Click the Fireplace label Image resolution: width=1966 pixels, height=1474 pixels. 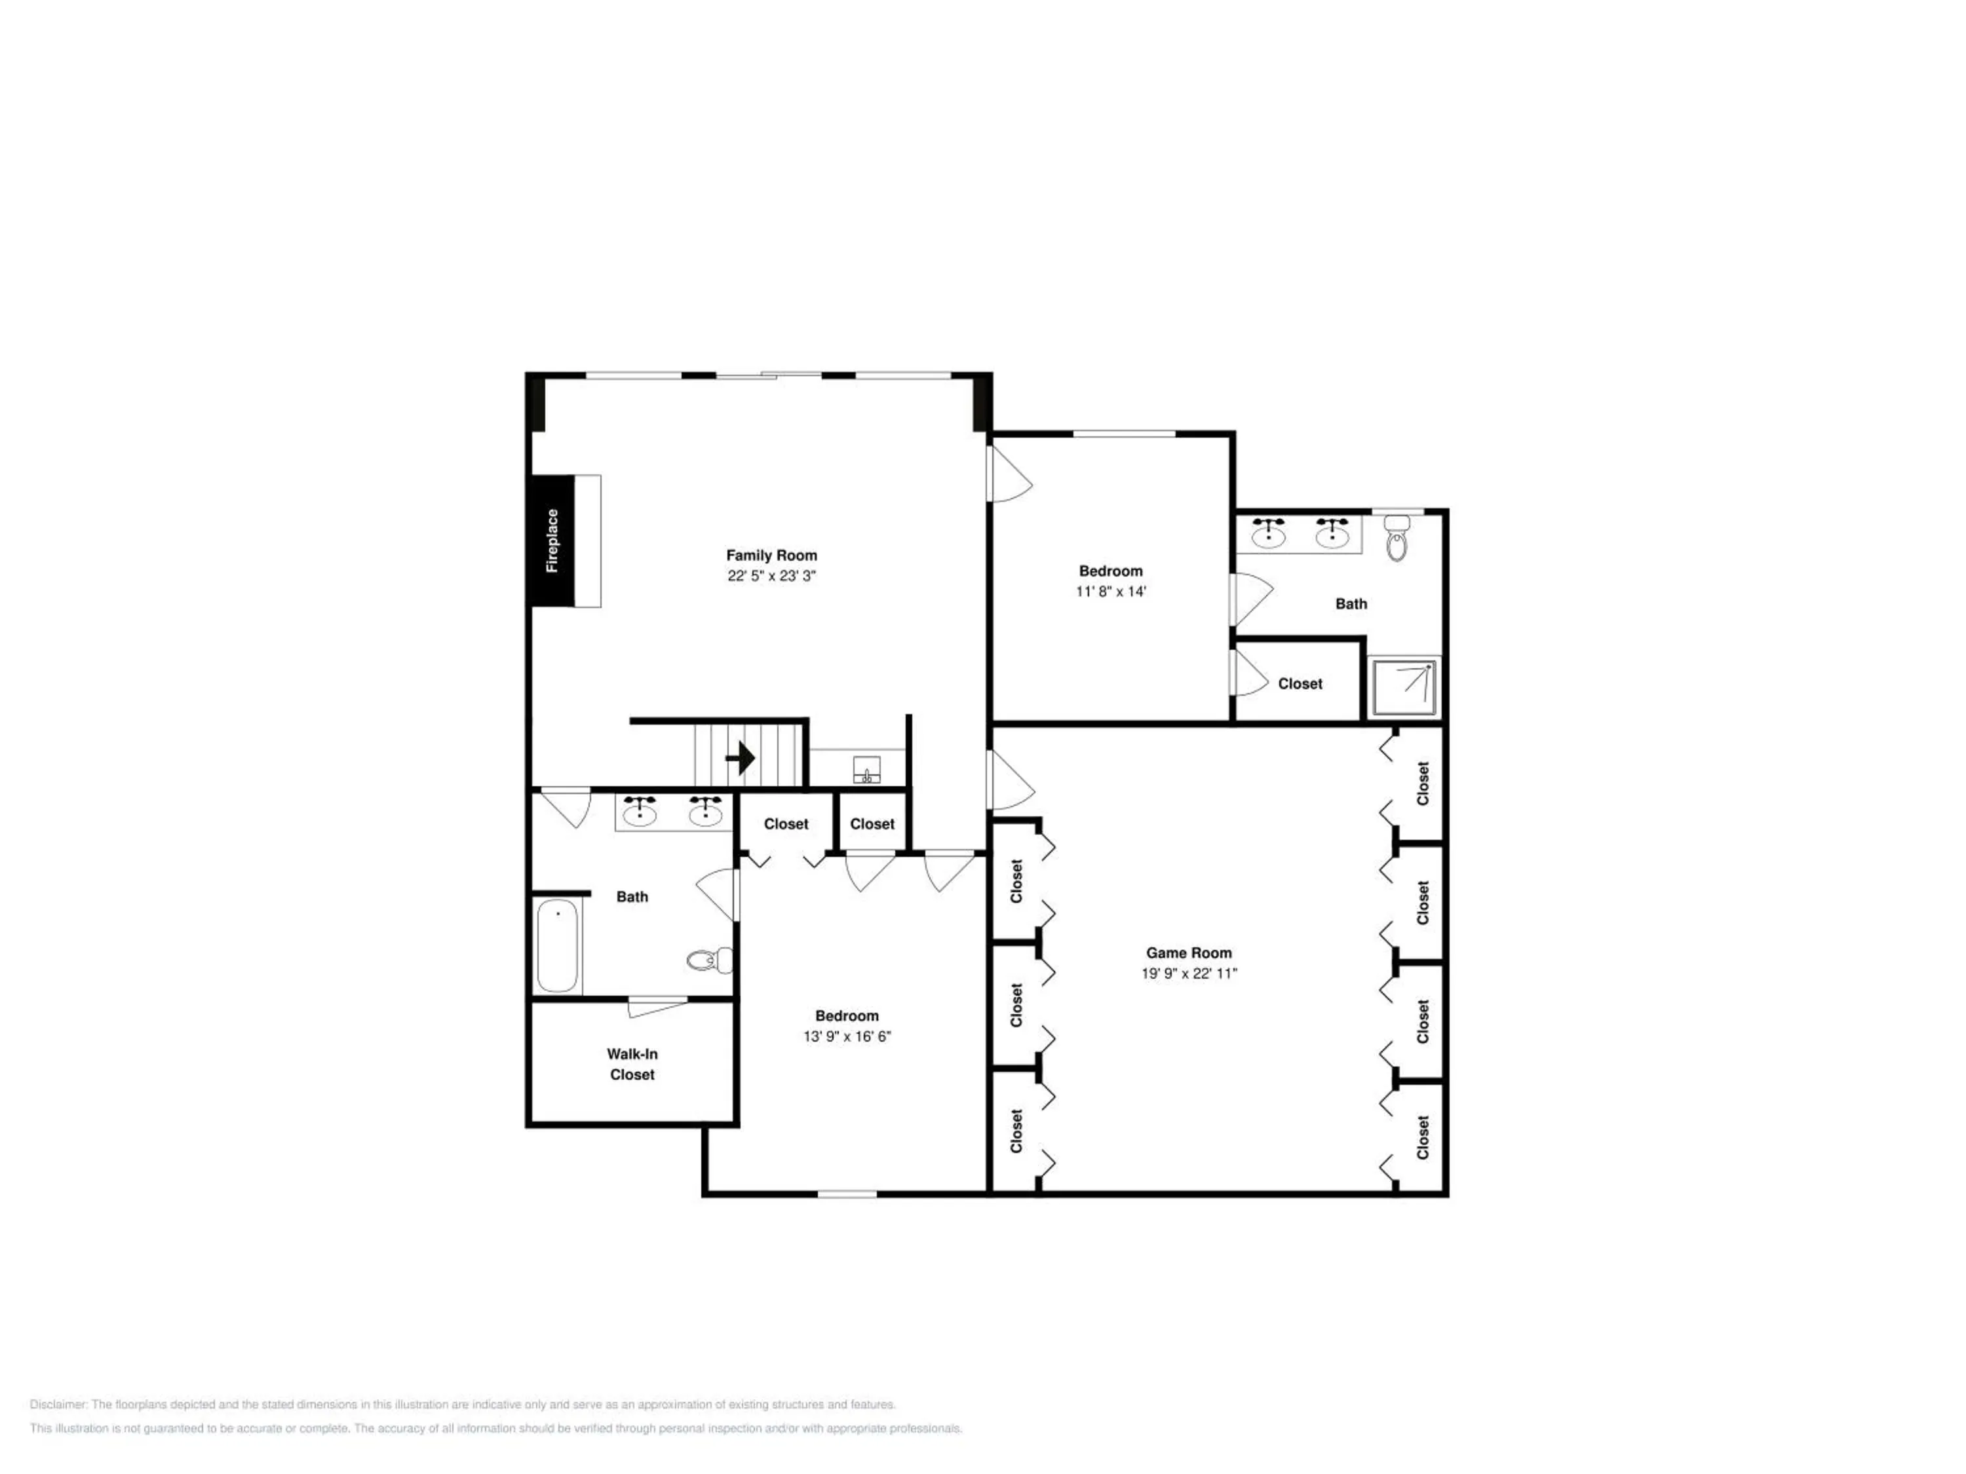(552, 540)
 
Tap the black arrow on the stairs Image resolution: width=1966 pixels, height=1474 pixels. (741, 758)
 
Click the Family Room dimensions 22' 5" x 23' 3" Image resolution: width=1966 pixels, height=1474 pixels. (771, 576)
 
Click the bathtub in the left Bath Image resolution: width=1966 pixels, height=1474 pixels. (557, 945)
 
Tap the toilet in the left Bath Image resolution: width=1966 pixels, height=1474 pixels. (710, 960)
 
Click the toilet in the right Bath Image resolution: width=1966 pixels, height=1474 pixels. (1397, 539)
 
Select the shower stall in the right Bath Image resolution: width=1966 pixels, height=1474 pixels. (1404, 687)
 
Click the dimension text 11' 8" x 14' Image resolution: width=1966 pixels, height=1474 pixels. (1111, 592)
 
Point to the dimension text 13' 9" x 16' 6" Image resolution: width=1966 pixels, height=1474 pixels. (847, 1036)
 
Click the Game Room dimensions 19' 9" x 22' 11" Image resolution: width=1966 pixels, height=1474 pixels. (1189, 973)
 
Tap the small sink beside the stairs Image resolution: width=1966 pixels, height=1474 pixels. (866, 770)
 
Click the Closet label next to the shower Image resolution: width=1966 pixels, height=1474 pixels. (1300, 683)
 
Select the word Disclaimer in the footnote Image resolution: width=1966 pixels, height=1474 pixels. (58, 1405)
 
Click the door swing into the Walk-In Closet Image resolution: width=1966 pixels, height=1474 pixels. (656, 1008)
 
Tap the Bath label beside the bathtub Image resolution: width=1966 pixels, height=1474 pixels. (632, 896)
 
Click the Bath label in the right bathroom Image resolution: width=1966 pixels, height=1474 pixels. (1351, 603)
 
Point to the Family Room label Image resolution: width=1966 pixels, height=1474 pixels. (771, 556)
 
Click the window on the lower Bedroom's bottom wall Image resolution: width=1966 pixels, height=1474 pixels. (847, 1193)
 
